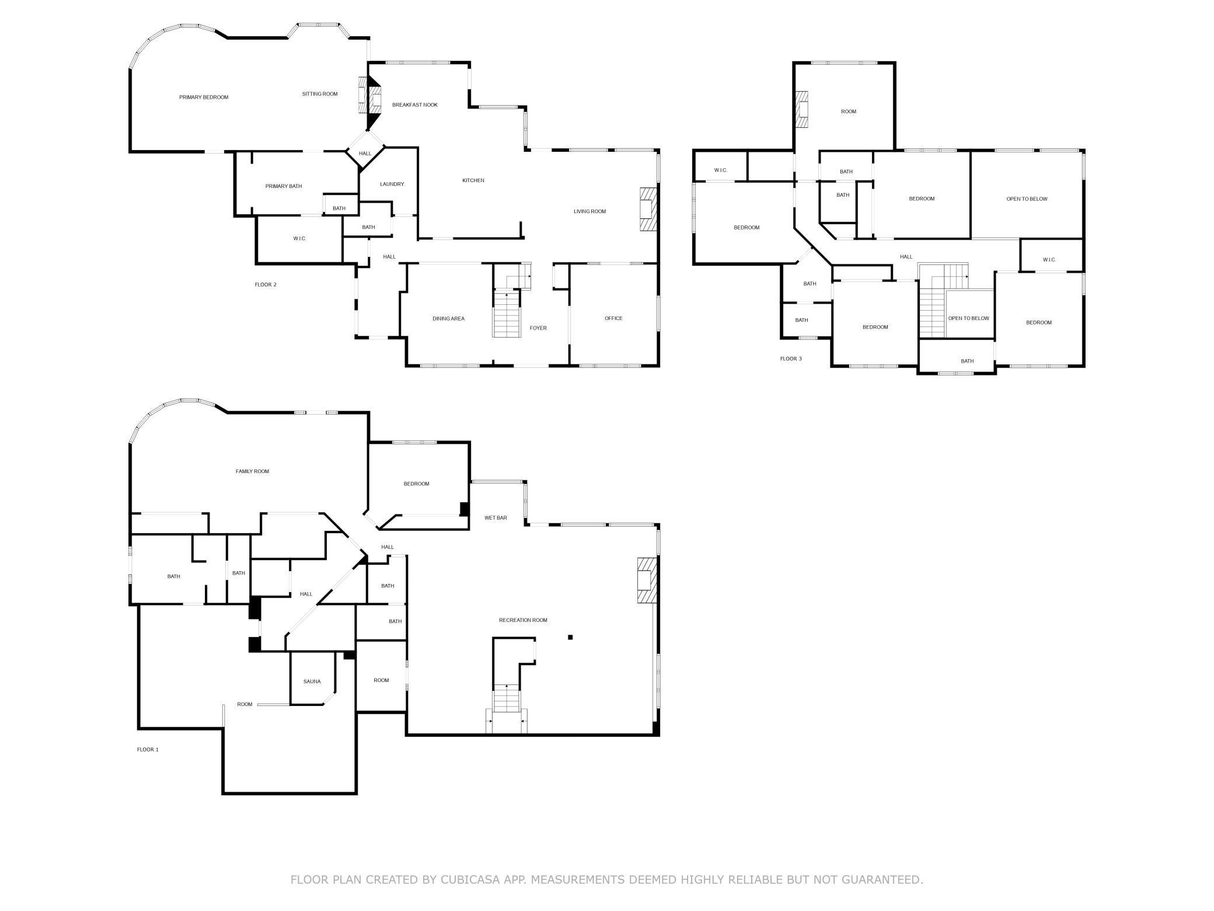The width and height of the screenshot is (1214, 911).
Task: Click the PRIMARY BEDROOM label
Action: click(203, 98)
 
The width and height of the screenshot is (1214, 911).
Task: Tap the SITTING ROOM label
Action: click(319, 94)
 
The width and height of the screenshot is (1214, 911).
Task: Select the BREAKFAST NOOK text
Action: click(414, 105)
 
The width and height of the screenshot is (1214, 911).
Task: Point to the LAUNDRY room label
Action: click(392, 185)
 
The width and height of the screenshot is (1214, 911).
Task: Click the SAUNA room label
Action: click(312, 681)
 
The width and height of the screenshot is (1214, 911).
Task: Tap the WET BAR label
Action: click(496, 518)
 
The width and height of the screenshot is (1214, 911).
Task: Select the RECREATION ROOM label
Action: click(523, 620)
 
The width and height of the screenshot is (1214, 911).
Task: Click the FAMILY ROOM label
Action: click(252, 471)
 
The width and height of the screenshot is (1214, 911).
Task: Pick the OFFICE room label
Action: click(613, 318)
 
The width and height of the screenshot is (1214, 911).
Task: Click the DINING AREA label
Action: click(448, 319)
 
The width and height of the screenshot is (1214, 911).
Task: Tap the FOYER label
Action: click(538, 328)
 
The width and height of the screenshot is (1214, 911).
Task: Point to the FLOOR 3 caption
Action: click(791, 359)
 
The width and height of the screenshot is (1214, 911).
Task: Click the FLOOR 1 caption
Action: click(148, 750)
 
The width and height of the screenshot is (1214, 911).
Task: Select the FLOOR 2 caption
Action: click(266, 285)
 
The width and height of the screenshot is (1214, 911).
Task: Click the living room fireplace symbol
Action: click(648, 210)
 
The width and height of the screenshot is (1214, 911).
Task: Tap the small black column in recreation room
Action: click(570, 637)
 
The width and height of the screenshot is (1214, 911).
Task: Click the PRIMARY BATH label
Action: click(284, 186)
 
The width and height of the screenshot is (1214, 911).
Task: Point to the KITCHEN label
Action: click(473, 180)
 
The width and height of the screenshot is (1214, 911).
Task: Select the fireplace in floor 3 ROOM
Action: click(803, 110)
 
